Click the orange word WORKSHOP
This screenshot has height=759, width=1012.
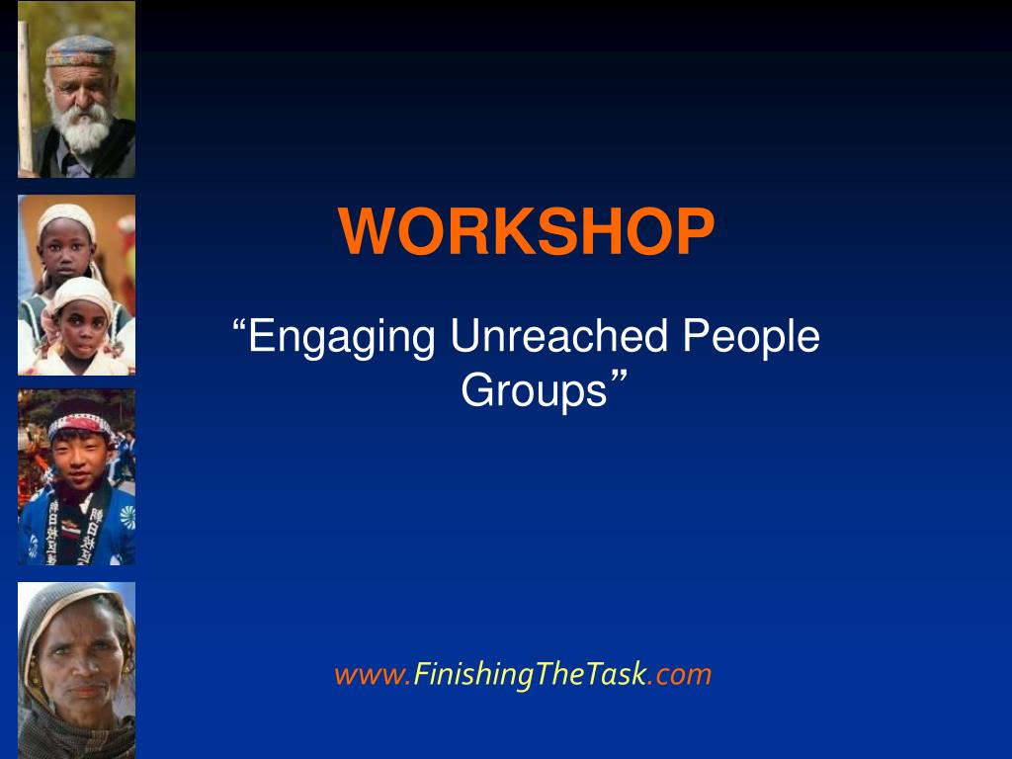coord(526,231)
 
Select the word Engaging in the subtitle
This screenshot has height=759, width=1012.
coord(342,338)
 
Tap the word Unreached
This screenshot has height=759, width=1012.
coord(559,336)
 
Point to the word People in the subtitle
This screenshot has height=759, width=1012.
coord(751,338)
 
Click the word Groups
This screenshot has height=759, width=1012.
coord(535,391)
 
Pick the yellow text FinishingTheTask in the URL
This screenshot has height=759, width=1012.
coord(530,675)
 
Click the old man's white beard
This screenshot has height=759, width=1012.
coord(82,127)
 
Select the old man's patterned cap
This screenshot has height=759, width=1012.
coord(81,50)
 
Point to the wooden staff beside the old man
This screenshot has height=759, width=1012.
coord(25,97)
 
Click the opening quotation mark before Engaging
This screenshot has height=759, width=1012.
coord(239,325)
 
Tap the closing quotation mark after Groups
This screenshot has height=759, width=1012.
coord(619,379)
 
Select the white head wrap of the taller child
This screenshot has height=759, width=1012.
coord(66,217)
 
